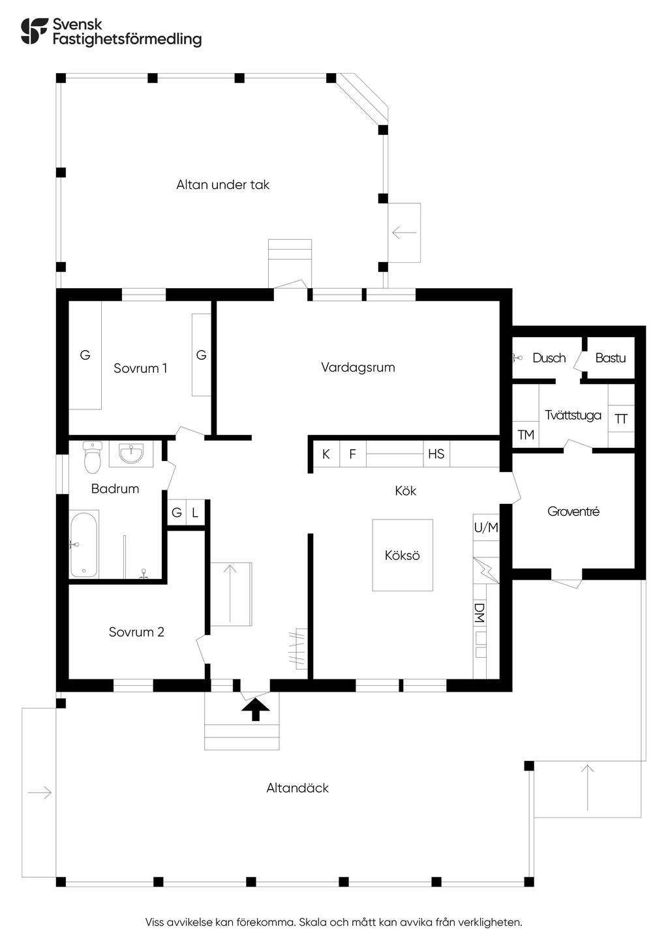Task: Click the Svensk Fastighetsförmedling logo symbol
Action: tap(34, 31)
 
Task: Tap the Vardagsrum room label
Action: tap(358, 367)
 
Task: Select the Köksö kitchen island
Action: tap(402, 555)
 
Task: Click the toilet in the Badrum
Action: tap(93, 457)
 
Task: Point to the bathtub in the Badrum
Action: tap(83, 544)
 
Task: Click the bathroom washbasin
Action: tap(131, 454)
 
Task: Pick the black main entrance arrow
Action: tap(255, 709)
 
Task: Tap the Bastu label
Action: tap(610, 358)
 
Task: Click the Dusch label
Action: tap(549, 358)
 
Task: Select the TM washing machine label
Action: tap(526, 434)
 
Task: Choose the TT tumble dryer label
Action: tap(621, 419)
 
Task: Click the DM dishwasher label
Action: tap(479, 613)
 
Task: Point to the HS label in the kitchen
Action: tap(436, 454)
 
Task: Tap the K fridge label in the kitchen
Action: tap(326, 454)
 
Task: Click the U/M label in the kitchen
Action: tap(486, 527)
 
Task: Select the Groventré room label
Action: tap(573, 511)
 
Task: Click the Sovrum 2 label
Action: tap(136, 632)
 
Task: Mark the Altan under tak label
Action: tap(222, 184)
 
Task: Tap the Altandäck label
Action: tap(297, 788)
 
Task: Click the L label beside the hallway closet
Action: tap(195, 512)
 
